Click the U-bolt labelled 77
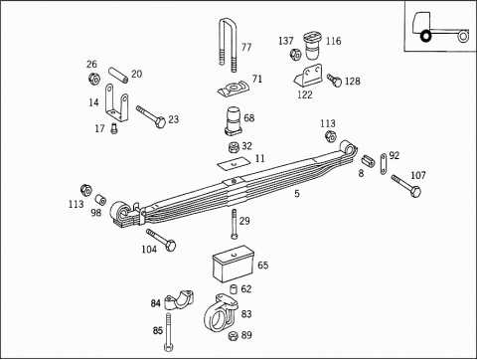(220, 43)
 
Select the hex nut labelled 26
(94, 79)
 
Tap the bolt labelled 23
(151, 116)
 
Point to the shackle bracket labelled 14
(116, 103)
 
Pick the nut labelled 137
(295, 55)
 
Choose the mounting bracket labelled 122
(308, 77)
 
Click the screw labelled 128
(335, 81)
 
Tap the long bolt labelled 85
(168, 331)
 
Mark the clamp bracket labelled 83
(220, 312)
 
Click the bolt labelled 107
(406, 186)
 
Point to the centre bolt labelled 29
(234, 224)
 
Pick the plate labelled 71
(233, 89)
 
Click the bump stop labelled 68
(234, 121)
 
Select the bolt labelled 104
(161, 240)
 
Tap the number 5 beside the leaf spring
(297, 194)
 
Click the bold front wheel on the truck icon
(425, 36)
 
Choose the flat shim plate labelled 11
(234, 163)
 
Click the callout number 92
(395, 155)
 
